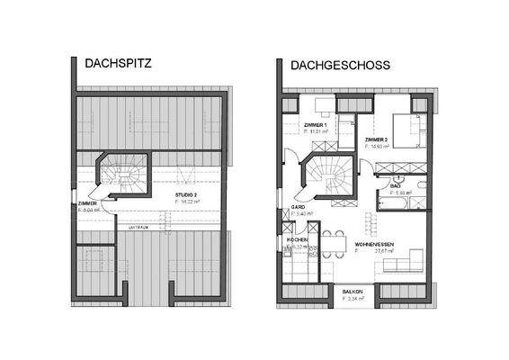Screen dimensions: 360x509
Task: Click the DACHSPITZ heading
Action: click(118, 65)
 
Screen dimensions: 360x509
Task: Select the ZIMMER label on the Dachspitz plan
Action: click(87, 204)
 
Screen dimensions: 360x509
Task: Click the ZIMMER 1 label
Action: click(317, 124)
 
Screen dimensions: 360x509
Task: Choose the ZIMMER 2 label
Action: click(378, 141)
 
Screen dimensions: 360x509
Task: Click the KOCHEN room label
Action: click(298, 239)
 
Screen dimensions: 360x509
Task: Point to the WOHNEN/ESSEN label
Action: click(372, 243)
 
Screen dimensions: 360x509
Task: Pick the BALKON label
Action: click(352, 292)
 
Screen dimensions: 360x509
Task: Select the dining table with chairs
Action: click(333, 241)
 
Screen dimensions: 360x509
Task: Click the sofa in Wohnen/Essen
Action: click(414, 262)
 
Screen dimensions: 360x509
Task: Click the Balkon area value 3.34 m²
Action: click(352, 301)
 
